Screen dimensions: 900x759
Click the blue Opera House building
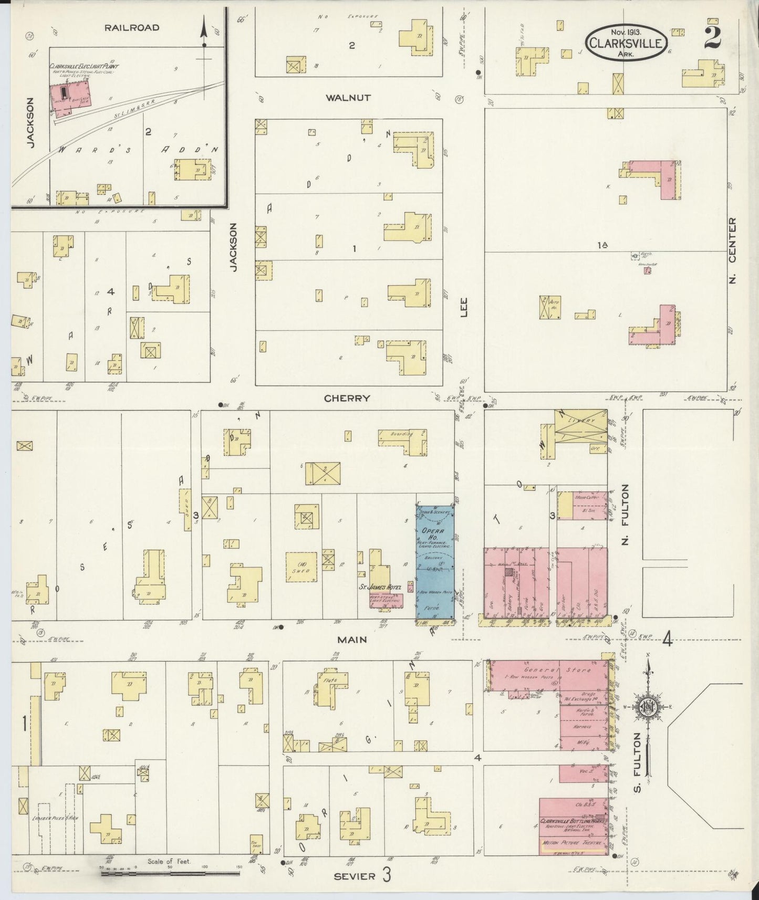tap(435, 562)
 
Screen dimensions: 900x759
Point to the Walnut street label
tap(348, 98)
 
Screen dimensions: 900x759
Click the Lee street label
tap(464, 307)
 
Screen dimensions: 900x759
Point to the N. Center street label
tap(733, 250)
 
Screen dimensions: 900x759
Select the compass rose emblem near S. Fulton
tap(649, 707)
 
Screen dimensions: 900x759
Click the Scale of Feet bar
tap(170, 874)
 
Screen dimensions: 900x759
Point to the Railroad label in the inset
tap(131, 27)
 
